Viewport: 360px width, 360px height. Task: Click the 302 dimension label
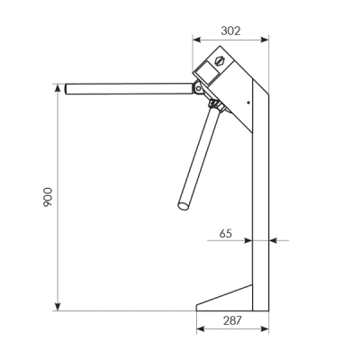(230, 31)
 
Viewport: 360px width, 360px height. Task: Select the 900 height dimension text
(48, 197)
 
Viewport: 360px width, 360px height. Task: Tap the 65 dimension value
(226, 233)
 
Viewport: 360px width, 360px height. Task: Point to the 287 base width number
(232, 320)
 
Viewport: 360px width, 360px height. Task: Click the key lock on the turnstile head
(220, 60)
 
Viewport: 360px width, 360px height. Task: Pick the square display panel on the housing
(209, 72)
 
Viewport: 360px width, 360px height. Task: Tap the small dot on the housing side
(248, 103)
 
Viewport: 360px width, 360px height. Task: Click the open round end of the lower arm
(184, 206)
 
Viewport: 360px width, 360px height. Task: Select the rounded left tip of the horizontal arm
(67, 89)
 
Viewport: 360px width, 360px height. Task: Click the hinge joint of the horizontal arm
(198, 88)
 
